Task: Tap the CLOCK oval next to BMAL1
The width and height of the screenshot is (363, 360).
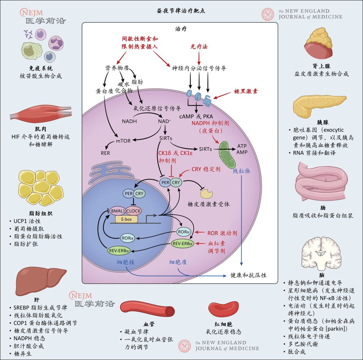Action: [x=134, y=211]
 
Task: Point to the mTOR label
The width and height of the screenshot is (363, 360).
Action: [x=123, y=141]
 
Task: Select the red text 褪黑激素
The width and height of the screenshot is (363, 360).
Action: [x=246, y=91]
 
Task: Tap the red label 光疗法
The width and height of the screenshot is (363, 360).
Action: [x=199, y=47]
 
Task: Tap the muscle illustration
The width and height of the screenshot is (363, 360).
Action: [x=37, y=112]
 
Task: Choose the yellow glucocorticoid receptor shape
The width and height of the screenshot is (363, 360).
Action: [x=206, y=193]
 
